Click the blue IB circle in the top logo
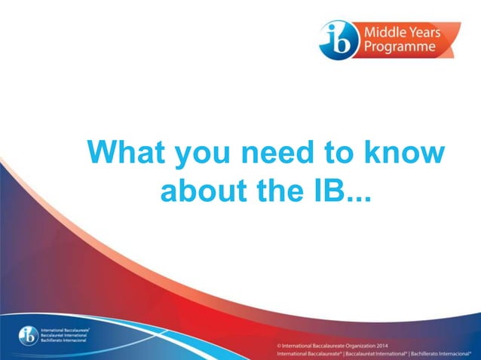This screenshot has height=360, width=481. coord(336,40)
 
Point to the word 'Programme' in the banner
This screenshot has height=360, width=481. coord(400,47)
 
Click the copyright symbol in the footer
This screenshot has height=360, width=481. coord(279,345)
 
